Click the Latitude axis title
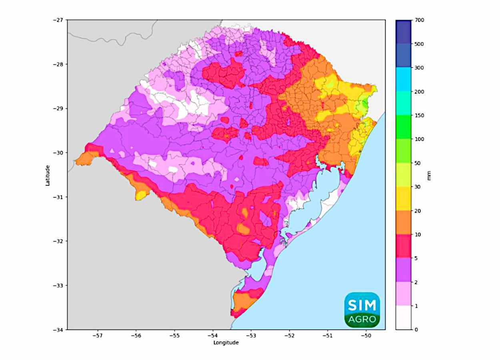48,175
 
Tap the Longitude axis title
226,343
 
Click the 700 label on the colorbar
420,20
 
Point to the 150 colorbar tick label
420,116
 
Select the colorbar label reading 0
417,330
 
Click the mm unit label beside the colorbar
429,175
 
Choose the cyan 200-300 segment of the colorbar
403,80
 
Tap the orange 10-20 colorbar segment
403,222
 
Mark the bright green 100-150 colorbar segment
403,127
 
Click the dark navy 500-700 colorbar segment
403,32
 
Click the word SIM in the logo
362,306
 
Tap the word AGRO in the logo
362,320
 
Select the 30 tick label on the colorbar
418,187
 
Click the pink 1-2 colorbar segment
403,294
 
